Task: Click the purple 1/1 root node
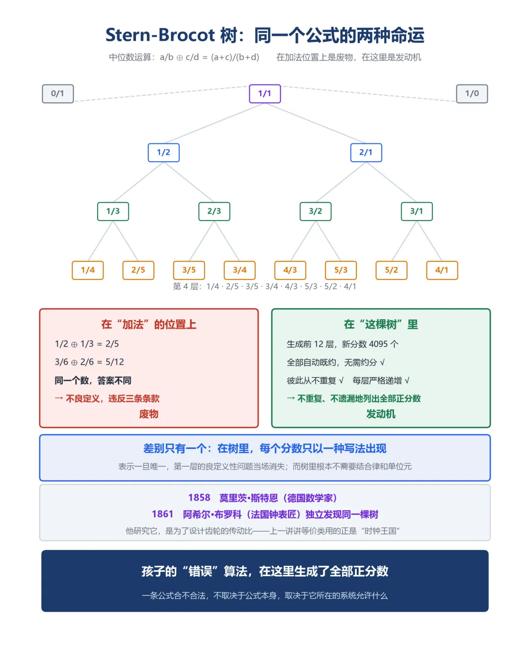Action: [265, 94]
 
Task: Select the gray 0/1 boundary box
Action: [58, 94]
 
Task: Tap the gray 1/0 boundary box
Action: [472, 94]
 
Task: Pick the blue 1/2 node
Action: [163, 152]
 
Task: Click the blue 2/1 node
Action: [366, 152]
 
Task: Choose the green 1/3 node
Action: [113, 211]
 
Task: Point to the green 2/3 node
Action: [214, 211]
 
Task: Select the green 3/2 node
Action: [315, 211]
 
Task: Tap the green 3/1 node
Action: [416, 211]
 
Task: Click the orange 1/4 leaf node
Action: [88, 270]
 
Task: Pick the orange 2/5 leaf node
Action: [138, 270]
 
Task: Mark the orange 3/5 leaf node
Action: [189, 270]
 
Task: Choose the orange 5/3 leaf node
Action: [341, 270]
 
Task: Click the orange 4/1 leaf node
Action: [442, 270]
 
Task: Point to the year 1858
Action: [199, 498]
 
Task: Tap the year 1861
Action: [162, 514]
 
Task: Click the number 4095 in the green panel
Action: [378, 344]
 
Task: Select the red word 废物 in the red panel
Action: [149, 414]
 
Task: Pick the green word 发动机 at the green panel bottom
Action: [381, 414]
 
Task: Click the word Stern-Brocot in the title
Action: [160, 35]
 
